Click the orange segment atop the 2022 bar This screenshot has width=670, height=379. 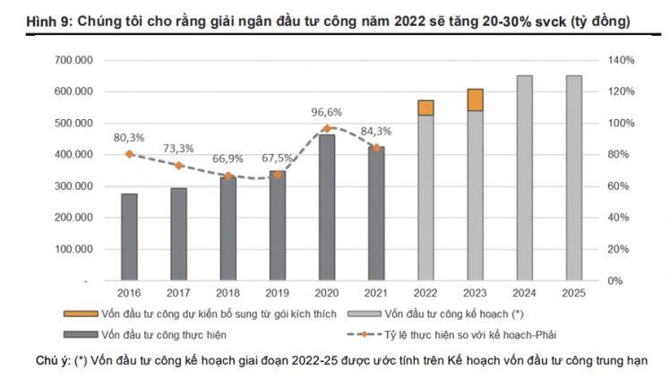point(425,108)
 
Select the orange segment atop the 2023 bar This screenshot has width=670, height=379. point(475,99)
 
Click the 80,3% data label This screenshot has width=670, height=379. point(129,138)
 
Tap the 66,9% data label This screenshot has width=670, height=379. point(228,158)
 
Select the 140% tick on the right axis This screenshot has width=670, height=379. point(622,60)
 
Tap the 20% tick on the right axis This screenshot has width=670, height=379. point(622,249)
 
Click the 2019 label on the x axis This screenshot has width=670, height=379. point(278,292)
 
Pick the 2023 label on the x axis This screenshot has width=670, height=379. point(475,292)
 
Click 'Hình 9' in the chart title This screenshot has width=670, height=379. point(26,20)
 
